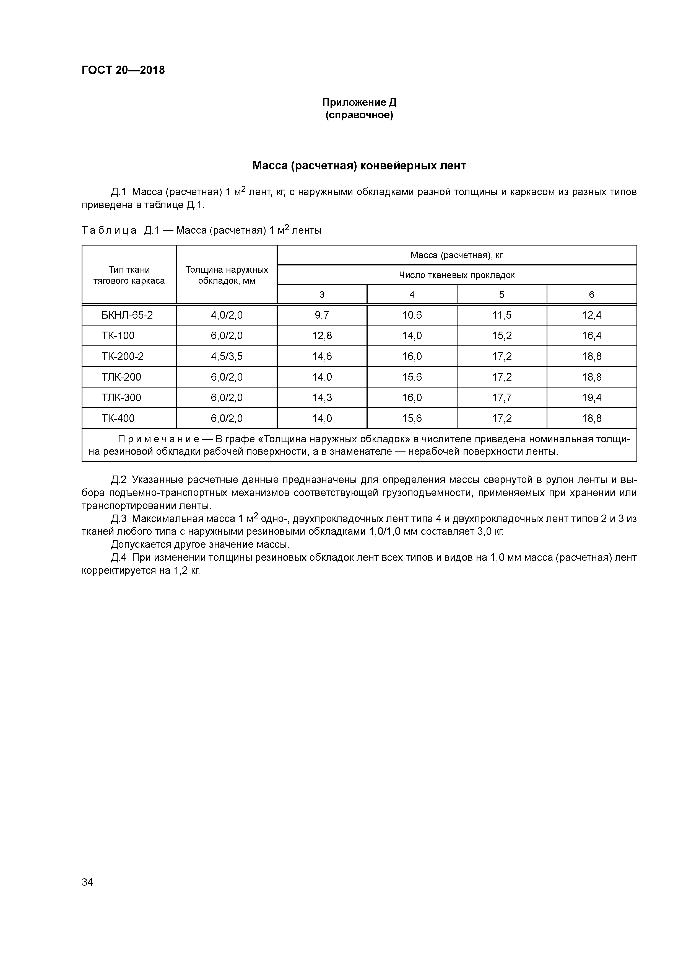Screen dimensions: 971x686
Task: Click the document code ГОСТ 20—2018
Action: coord(123,70)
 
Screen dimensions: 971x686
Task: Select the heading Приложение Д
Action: coord(359,102)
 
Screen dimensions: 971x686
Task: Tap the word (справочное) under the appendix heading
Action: coord(359,115)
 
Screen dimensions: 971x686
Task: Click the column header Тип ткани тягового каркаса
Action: coord(129,275)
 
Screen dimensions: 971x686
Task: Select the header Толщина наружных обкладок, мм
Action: coord(227,275)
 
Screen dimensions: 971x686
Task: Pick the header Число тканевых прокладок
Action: coord(456,275)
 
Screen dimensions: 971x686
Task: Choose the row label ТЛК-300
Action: coord(121,397)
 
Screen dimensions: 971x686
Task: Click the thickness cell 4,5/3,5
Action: coord(227,357)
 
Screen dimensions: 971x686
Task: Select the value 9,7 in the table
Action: coord(322,315)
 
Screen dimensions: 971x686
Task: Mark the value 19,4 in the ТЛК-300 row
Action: coord(591,397)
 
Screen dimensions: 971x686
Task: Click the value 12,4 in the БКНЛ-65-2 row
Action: coord(591,315)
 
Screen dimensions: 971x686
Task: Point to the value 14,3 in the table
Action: coord(322,397)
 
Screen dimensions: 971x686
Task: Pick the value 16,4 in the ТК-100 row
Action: coord(591,336)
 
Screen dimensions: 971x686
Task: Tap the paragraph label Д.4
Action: coord(119,558)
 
